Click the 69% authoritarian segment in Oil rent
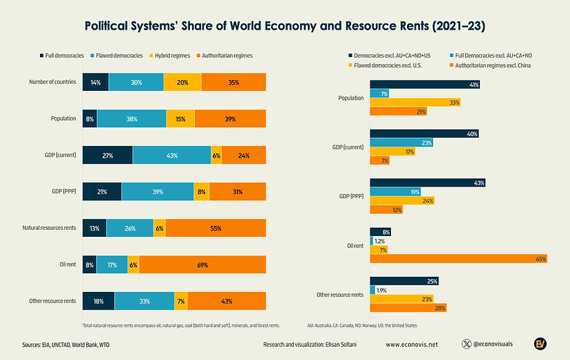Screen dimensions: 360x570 point(202,264)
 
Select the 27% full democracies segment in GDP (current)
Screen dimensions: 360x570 point(107,156)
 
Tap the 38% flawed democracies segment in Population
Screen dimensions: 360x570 point(131,118)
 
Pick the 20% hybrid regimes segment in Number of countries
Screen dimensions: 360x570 point(182,82)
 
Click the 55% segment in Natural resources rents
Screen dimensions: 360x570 point(215,228)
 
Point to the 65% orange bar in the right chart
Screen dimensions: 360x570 point(458,259)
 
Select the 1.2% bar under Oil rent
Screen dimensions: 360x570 point(372,241)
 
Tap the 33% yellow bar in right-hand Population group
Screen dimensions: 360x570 point(415,102)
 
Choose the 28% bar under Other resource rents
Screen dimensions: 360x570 point(408,308)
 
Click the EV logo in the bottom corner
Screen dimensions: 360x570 point(541,343)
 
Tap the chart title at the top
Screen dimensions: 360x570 point(284,26)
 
